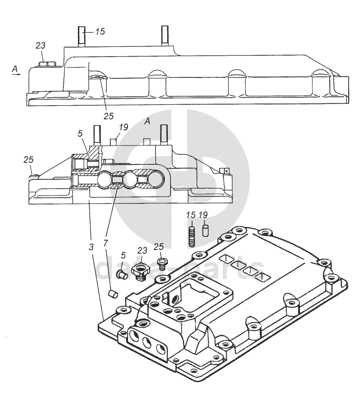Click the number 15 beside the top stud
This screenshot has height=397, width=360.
point(100,32)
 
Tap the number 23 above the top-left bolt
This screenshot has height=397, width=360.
point(41,45)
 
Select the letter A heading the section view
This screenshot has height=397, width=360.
point(147,121)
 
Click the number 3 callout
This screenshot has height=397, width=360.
point(91,246)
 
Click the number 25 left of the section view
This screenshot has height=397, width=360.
point(28,159)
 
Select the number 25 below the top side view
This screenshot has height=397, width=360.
point(109,116)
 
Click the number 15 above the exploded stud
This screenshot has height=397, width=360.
point(190,215)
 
